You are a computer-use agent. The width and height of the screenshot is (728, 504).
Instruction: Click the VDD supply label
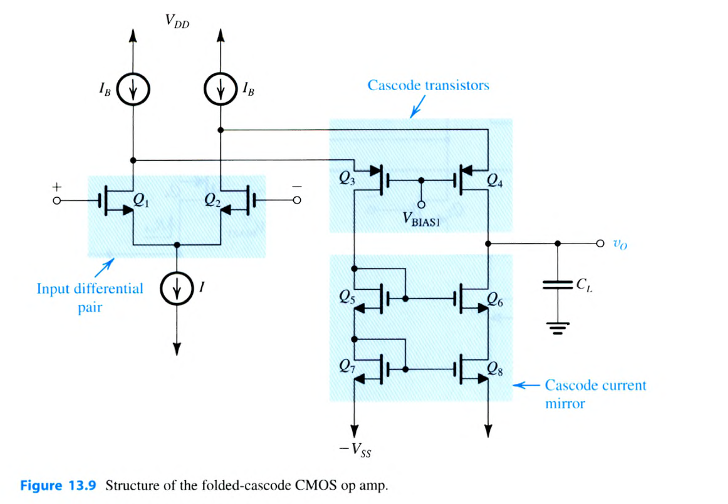tap(177, 23)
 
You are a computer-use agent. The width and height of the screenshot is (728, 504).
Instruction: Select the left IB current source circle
tap(133, 91)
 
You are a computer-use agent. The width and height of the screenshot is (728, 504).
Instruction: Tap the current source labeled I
tap(177, 289)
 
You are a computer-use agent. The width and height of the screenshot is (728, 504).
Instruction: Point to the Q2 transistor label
tap(213, 202)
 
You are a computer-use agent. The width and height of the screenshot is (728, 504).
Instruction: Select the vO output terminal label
tap(620, 245)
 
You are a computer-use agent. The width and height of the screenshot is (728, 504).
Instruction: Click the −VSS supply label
tap(355, 450)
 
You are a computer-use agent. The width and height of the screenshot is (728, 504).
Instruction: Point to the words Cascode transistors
tap(428, 85)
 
